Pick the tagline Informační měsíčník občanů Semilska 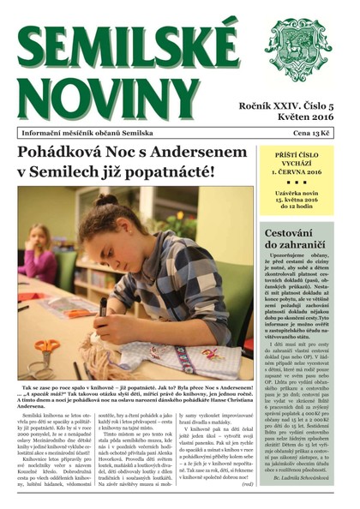[x=87, y=134]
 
